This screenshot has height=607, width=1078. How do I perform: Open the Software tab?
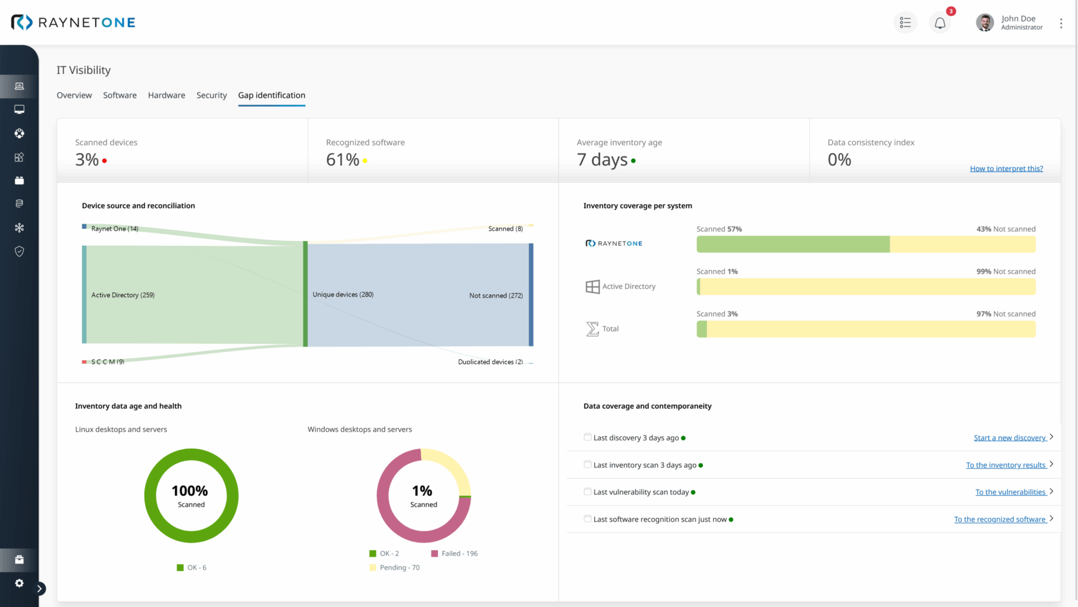click(119, 95)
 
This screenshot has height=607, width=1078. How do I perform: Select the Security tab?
click(211, 95)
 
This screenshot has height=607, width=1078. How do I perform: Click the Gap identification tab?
click(271, 95)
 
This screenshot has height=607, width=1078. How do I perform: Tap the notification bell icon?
click(940, 23)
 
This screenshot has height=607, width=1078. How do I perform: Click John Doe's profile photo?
click(984, 23)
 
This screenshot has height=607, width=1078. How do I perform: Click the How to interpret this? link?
click(1006, 169)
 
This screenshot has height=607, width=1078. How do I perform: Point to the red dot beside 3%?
click(105, 161)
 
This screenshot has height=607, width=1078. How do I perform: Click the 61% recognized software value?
click(342, 160)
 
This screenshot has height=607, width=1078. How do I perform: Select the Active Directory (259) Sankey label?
click(123, 295)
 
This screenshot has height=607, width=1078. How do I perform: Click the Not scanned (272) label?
click(495, 296)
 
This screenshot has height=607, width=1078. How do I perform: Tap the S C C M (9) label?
click(107, 361)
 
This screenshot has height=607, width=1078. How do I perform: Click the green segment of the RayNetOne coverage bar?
click(792, 244)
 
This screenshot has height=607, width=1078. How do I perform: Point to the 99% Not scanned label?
click(1005, 271)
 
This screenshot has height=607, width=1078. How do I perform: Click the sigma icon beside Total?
click(592, 329)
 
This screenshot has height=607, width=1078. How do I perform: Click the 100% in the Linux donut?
click(189, 491)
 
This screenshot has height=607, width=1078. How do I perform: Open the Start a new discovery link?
click(1009, 438)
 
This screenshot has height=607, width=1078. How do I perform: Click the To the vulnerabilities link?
click(1010, 492)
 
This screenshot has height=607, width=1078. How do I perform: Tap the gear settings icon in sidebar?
click(19, 583)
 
